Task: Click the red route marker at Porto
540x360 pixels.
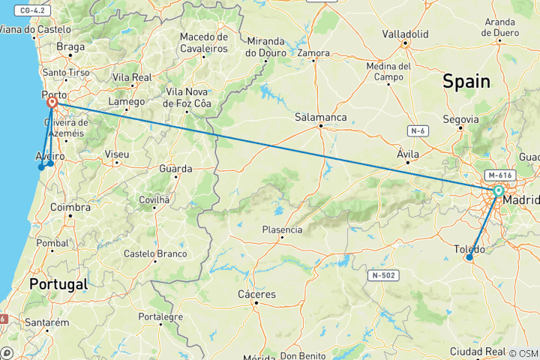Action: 52,103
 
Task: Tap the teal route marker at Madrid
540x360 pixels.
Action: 498,191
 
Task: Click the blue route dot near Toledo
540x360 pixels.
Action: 469,257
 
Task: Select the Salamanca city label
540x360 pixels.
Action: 320,118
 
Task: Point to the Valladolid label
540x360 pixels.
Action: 404,34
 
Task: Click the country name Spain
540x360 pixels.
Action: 466,82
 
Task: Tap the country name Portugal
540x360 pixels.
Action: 58,284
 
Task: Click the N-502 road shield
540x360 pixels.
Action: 382,276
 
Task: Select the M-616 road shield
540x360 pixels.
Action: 498,175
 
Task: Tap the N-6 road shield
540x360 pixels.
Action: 418,131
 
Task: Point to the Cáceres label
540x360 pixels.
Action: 256,295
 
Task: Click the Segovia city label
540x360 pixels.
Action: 460,119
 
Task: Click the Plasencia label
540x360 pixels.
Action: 282,229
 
